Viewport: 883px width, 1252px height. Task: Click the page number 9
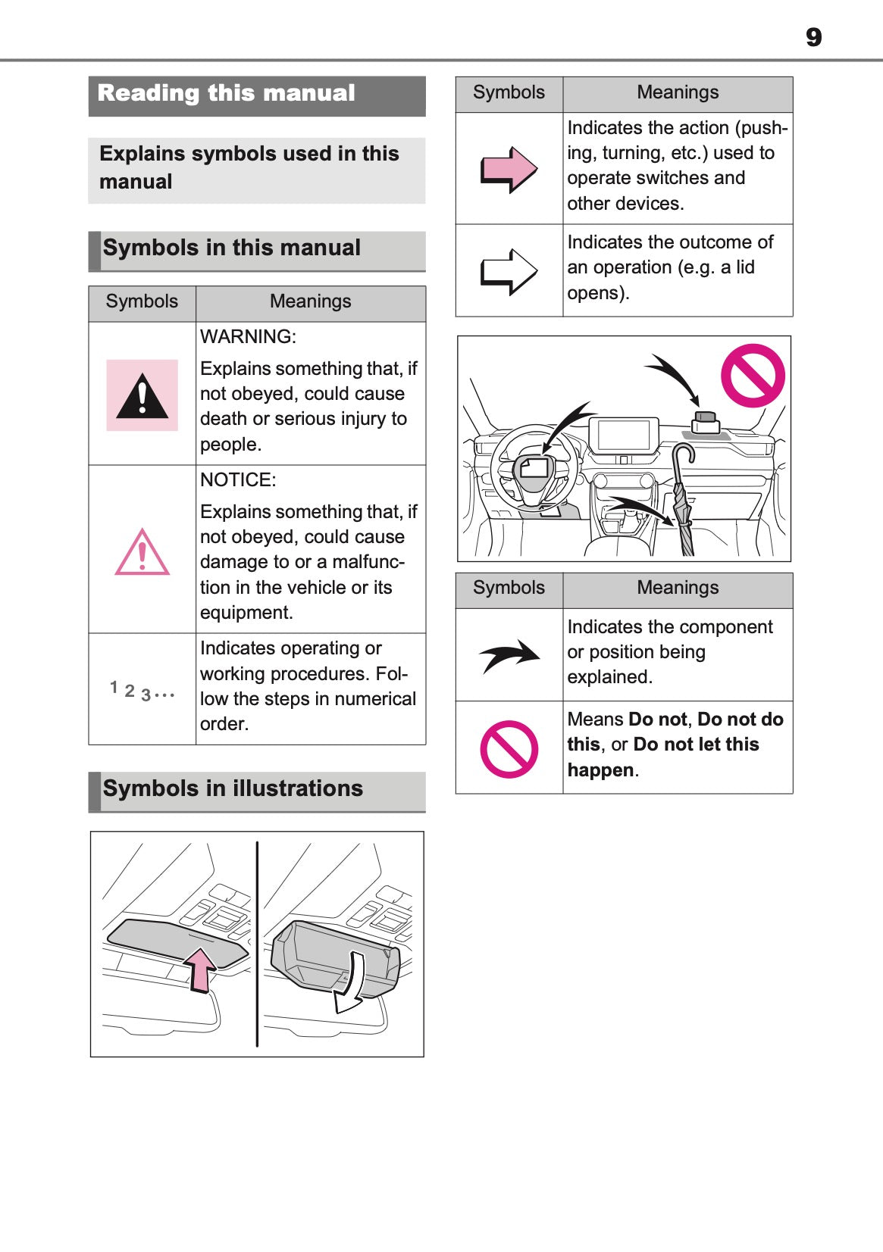[813, 37]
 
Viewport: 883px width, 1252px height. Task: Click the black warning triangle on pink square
[142, 396]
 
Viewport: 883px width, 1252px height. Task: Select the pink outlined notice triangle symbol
[142, 554]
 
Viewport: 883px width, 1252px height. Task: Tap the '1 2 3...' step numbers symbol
[142, 691]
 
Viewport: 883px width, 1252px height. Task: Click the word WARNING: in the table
[248, 337]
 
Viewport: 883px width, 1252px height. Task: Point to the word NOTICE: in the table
[238, 480]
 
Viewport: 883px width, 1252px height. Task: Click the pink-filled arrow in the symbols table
[509, 169]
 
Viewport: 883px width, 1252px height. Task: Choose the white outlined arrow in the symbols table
[509, 271]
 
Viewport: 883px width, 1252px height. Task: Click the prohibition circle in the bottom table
[509, 749]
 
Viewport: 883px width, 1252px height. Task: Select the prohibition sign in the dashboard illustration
[752, 376]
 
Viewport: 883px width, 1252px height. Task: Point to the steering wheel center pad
[534, 470]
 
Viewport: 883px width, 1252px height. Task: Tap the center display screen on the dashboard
[624, 436]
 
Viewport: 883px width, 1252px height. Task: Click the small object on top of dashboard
[706, 422]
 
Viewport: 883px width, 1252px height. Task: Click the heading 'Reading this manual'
[227, 93]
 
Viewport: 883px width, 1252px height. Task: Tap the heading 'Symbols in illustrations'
[233, 788]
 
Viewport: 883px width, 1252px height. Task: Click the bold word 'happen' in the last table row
[600, 770]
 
